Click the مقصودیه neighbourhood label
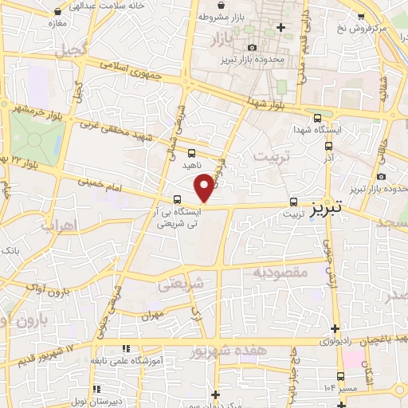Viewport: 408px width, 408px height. click(280, 272)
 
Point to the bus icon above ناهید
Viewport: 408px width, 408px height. click(191, 152)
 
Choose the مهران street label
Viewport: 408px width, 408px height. click(153, 316)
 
